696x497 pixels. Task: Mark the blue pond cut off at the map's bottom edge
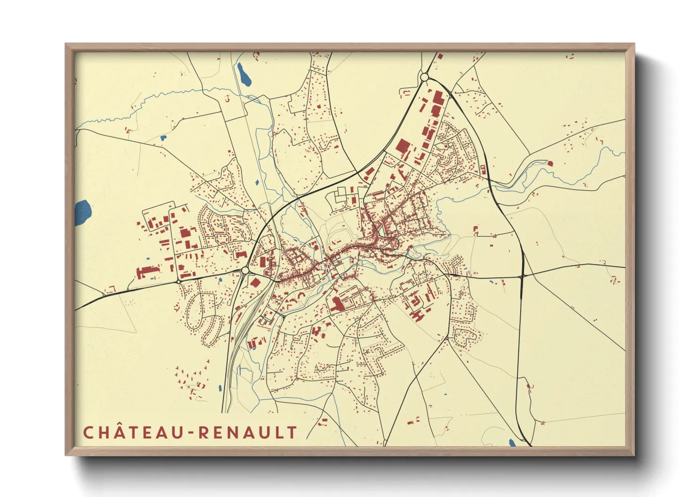[x=512, y=443]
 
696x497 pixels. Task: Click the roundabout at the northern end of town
[x=425, y=77]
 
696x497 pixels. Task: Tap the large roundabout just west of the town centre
[x=245, y=271]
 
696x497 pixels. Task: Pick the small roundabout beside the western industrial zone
[x=179, y=281]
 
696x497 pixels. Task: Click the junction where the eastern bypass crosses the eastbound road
[x=522, y=277]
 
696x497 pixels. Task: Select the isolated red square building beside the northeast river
[x=550, y=163]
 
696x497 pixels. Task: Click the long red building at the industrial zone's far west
[x=146, y=272]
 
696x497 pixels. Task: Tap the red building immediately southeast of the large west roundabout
[x=255, y=282]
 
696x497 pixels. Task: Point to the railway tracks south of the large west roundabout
[x=242, y=329]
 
